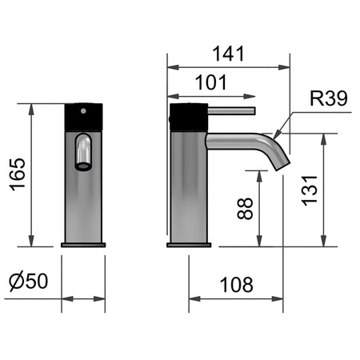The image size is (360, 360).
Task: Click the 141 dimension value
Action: click(x=228, y=54)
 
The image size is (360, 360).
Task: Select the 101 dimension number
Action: click(x=210, y=82)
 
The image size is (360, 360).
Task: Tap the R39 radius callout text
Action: click(x=329, y=98)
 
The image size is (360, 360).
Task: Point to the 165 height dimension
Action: click(x=18, y=174)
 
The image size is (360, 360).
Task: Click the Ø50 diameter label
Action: click(x=28, y=281)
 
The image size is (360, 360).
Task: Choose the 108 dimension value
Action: click(x=236, y=285)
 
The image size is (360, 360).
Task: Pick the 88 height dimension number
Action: click(x=245, y=209)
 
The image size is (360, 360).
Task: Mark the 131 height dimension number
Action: click(x=310, y=190)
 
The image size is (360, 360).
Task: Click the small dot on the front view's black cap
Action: click(x=83, y=110)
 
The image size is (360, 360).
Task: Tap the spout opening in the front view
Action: click(x=83, y=166)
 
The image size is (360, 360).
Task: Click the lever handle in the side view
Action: click(x=231, y=111)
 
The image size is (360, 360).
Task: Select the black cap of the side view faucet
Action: click(x=189, y=118)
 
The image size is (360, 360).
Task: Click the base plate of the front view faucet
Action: click(x=83, y=245)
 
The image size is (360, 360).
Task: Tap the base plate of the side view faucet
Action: click(x=189, y=245)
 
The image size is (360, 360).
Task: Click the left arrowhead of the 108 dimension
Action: click(x=194, y=298)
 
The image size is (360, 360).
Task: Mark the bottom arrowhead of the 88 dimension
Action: click(x=259, y=241)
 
